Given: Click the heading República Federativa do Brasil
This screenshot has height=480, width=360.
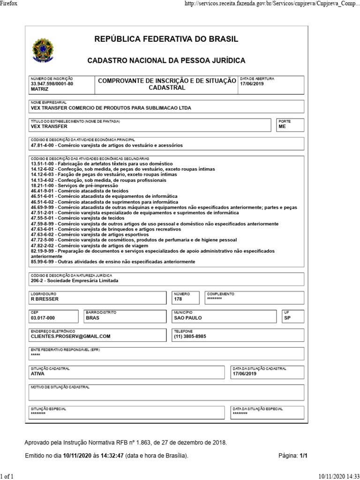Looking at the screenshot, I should [x=166, y=39].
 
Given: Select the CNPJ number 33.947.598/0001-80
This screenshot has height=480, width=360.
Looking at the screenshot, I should [x=52, y=83].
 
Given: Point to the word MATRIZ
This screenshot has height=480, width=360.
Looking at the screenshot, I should [x=39, y=89].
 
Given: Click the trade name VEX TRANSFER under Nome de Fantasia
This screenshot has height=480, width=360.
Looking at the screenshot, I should [x=49, y=126].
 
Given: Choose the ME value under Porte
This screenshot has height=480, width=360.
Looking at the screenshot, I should [x=282, y=126].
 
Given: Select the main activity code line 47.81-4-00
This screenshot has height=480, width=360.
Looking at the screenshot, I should [x=106, y=145].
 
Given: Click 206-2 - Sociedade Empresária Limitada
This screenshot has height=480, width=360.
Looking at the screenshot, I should [x=75, y=281].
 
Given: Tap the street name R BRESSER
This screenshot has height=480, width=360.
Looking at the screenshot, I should [x=45, y=299].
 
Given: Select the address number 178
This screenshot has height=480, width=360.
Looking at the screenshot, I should [x=178, y=299].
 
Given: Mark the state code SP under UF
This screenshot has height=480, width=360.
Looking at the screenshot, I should [x=287, y=317].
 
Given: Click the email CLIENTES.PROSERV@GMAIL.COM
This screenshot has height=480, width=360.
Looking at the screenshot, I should [x=70, y=336].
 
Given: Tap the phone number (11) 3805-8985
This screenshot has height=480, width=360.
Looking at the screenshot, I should [x=190, y=336].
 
